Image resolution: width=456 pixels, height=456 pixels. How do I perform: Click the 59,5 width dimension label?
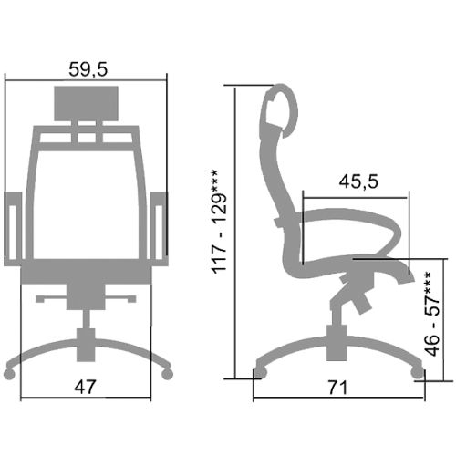click(x=88, y=69)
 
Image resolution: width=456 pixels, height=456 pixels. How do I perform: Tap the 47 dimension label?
click(x=85, y=387)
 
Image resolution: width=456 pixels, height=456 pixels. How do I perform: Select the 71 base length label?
click(x=337, y=388)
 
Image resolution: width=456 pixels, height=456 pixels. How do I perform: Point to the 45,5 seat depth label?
click(x=358, y=181)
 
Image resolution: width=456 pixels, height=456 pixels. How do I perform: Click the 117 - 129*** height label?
click(x=220, y=222)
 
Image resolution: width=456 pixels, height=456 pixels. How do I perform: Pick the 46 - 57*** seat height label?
click(x=432, y=314)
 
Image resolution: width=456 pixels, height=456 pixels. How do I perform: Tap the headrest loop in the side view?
click(x=281, y=110)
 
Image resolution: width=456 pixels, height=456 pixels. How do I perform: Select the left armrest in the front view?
click(x=13, y=229)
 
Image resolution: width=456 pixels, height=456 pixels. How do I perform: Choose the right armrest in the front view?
click(x=160, y=229)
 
